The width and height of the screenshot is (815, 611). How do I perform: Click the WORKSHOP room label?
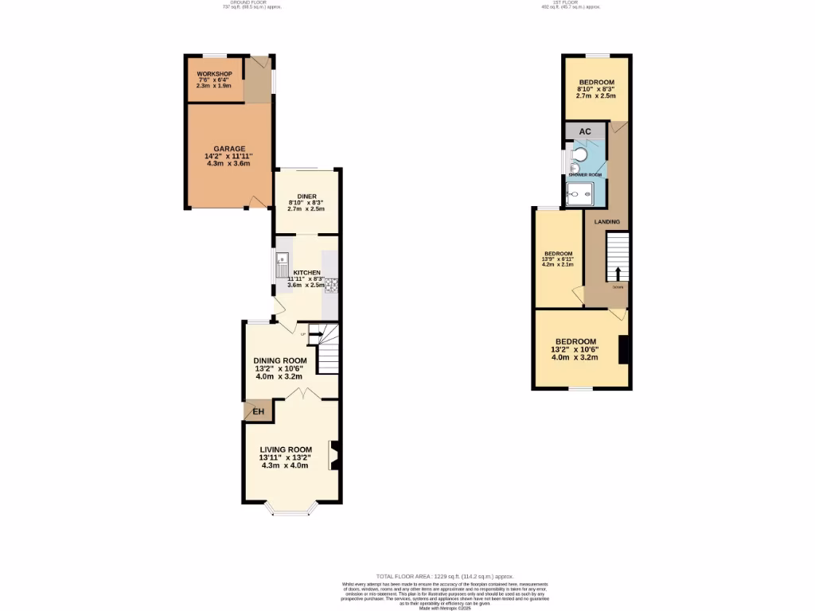[214, 74]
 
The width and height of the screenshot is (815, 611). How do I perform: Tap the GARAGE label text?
[229, 149]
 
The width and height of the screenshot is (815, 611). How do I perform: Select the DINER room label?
[306, 196]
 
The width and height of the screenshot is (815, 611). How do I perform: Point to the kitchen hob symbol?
[331, 285]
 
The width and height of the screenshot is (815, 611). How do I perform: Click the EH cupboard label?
[258, 411]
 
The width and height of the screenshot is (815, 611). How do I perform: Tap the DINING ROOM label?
[280, 360]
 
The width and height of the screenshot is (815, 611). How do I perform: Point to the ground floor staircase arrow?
[315, 334]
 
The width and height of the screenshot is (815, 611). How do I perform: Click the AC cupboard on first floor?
[584, 131]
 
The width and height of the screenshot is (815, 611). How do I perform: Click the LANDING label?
[607, 221]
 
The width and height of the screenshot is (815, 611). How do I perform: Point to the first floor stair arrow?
[618, 273]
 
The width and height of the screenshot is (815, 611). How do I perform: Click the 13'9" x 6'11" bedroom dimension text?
[559, 259]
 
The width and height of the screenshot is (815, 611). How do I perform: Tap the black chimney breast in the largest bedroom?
[625, 349]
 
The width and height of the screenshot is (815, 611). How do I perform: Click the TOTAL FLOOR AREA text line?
[444, 575]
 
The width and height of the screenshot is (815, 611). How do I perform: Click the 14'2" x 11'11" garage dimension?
[228, 157]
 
